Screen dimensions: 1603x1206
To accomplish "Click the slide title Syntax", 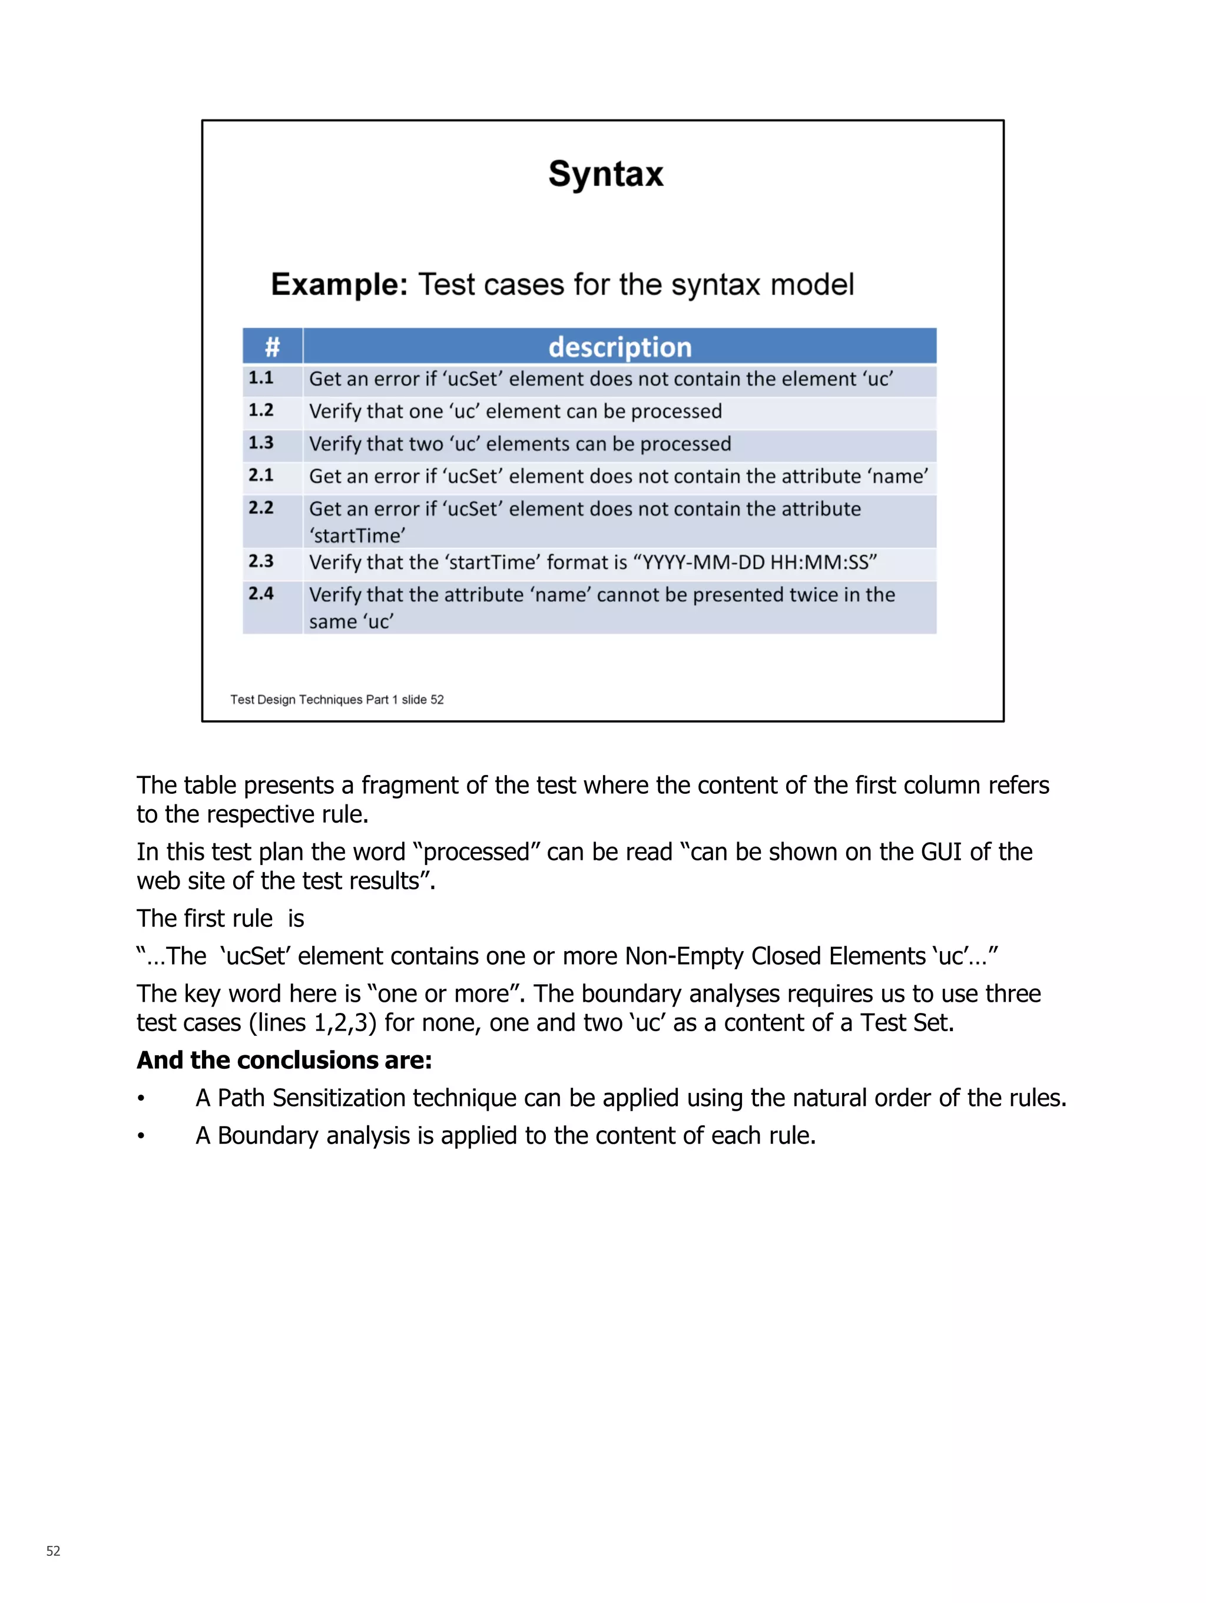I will tap(605, 175).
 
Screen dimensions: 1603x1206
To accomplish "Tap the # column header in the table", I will tap(272, 347).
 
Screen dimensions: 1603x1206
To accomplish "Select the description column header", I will tap(619, 347).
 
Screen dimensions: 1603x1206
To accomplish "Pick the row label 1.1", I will tap(261, 378).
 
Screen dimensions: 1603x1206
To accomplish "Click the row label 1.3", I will tap(261, 443).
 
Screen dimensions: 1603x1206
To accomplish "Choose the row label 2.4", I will tap(261, 594).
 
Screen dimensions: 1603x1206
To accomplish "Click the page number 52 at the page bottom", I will tap(53, 1551).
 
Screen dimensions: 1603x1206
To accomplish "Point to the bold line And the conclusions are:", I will tap(284, 1060).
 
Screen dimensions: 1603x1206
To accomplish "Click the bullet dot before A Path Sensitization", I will tap(141, 1099).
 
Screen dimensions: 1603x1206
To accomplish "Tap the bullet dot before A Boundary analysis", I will tap(141, 1137).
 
